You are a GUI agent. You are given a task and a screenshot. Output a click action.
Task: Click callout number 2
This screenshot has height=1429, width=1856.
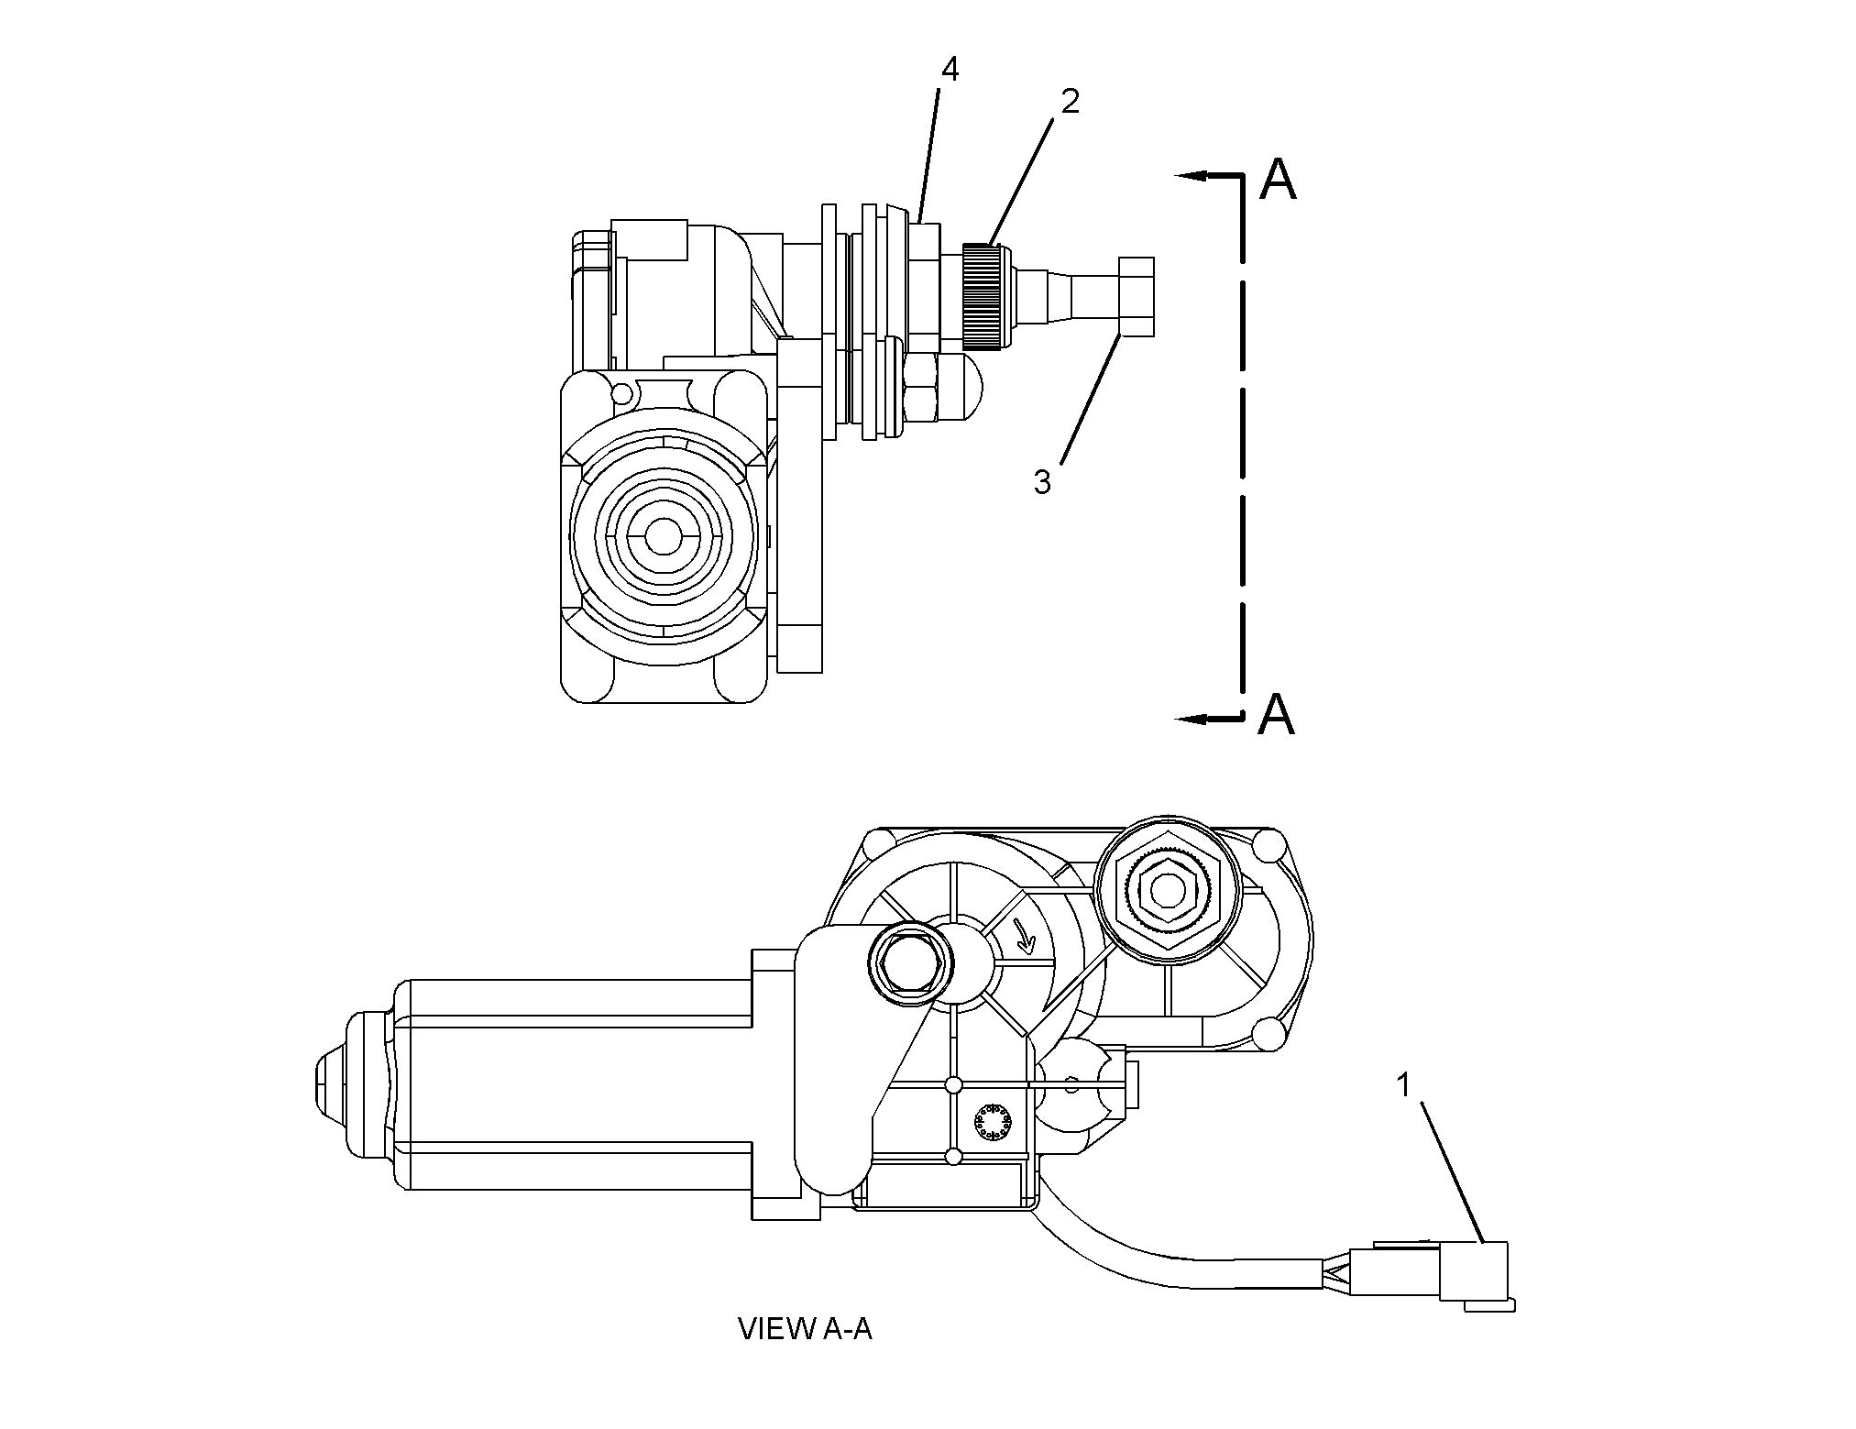[x=1070, y=101]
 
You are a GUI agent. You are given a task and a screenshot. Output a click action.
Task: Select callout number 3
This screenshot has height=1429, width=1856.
[x=1042, y=482]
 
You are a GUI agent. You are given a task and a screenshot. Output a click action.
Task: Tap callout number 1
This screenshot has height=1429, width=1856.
[x=1402, y=1085]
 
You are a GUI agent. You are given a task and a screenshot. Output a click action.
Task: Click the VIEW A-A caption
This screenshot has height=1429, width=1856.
[x=805, y=1329]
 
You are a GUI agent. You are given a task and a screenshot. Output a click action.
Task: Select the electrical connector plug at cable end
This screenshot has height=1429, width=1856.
[x=1476, y=1271]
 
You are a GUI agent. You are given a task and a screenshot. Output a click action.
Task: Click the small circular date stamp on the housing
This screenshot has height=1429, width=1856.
[x=991, y=1123]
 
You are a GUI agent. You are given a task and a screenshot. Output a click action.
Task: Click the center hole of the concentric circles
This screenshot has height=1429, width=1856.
[x=664, y=537]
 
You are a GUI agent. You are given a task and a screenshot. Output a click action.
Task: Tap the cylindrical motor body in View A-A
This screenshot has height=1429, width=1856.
[x=577, y=1083]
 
